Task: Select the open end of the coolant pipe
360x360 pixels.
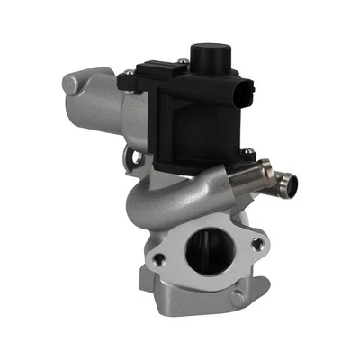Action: point(288,185)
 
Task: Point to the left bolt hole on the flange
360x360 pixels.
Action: point(159,259)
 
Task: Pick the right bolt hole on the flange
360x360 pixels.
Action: point(258,244)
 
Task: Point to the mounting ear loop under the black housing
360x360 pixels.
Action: point(139,162)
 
